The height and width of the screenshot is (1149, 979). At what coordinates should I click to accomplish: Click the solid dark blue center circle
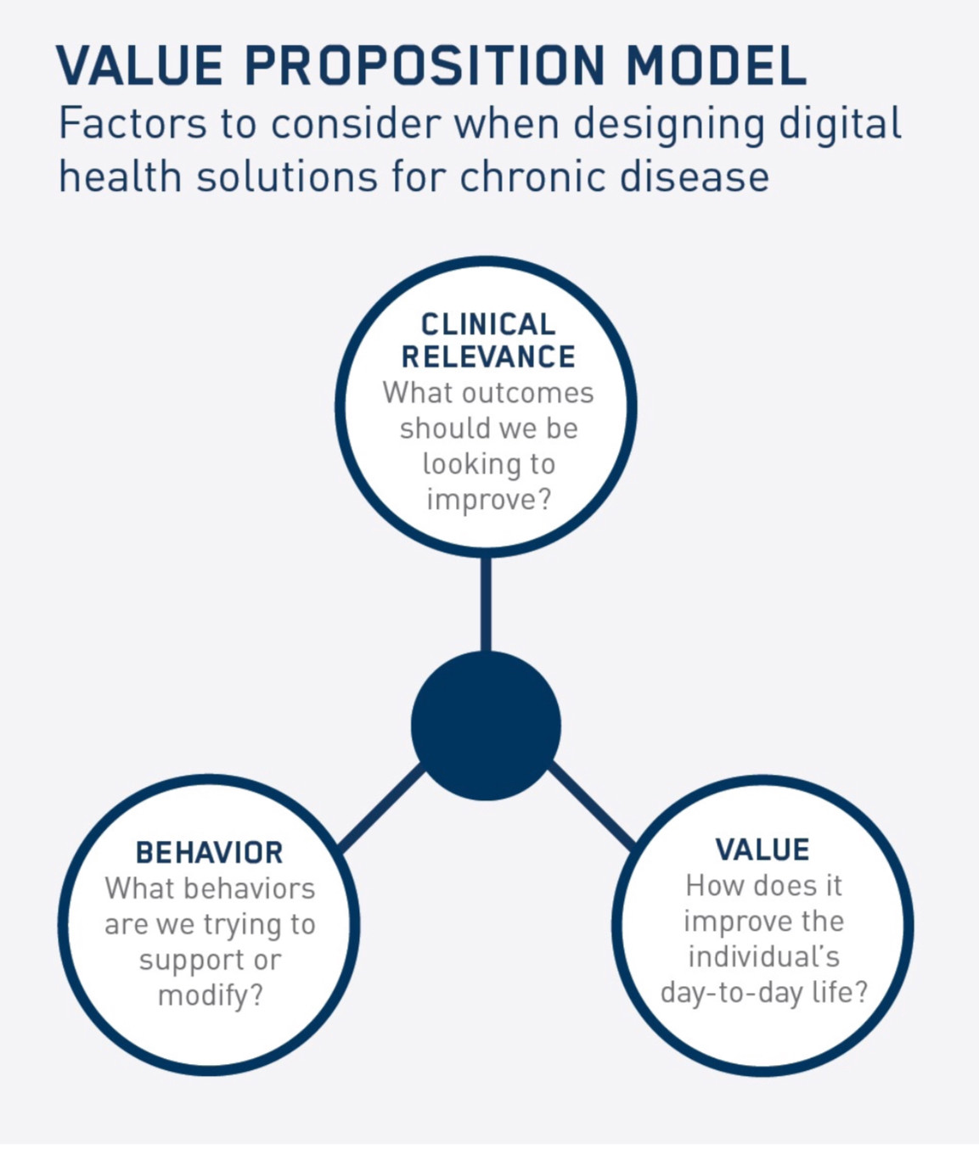tap(486, 726)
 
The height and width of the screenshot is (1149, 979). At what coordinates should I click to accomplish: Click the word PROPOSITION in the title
tap(425, 65)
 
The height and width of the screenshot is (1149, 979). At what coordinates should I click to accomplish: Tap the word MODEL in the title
tap(716, 65)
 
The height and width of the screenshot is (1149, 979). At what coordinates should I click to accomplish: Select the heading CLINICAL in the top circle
tap(488, 324)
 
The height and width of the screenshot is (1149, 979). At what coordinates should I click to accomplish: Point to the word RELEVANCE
tap(488, 357)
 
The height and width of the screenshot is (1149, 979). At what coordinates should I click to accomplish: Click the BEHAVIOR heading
tap(210, 853)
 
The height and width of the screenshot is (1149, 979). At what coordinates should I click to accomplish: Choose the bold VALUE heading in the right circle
tap(762, 849)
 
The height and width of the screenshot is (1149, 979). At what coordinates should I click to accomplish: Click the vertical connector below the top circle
tap(486, 604)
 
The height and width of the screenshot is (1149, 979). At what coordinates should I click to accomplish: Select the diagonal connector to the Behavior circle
tap(381, 809)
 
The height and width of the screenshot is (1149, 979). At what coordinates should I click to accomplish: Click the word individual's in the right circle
tap(763, 956)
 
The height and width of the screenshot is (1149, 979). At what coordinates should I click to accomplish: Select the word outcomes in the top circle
tap(528, 394)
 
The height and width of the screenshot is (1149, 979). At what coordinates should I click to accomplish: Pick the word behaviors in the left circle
tap(250, 888)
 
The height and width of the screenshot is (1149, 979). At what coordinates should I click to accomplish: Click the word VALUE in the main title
tap(139, 65)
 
